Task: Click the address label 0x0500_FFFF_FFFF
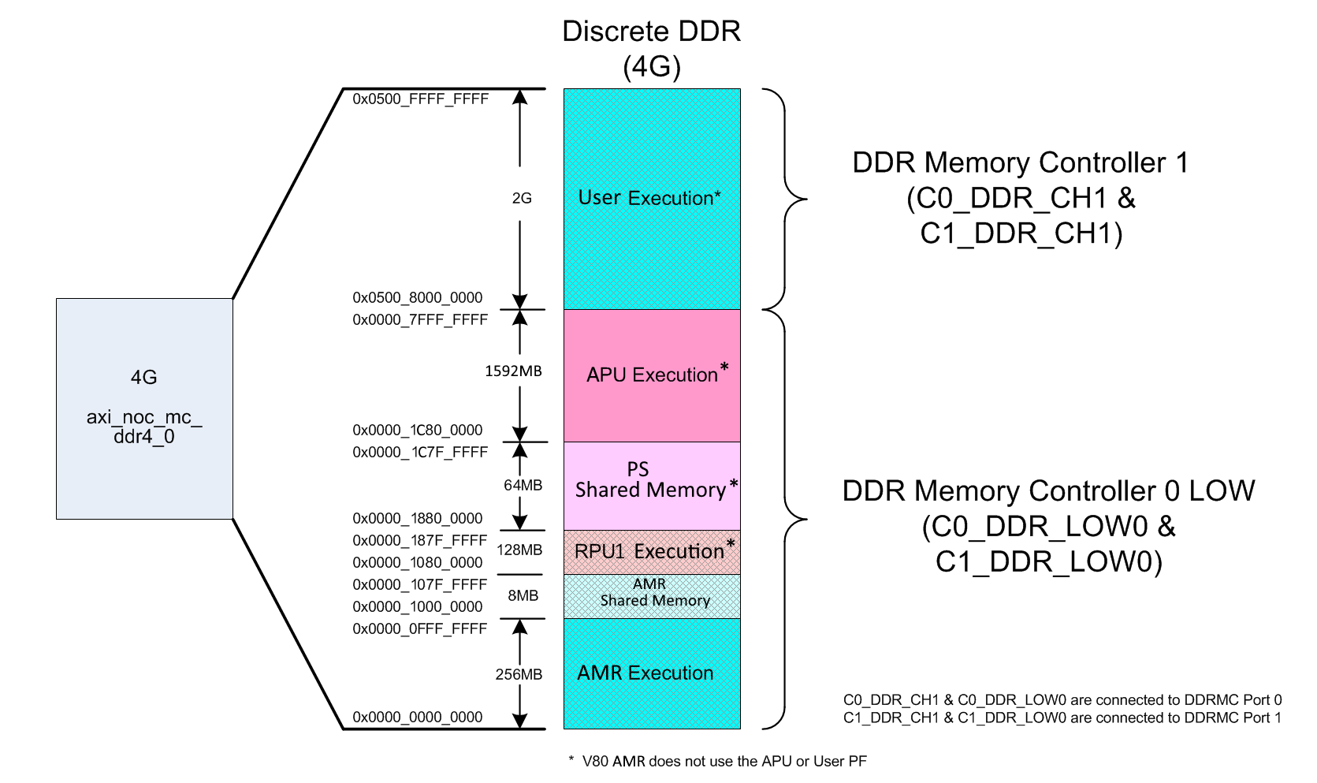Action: point(420,99)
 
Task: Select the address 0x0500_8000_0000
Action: point(418,298)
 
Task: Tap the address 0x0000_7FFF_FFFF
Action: point(420,319)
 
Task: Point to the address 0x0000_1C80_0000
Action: point(418,430)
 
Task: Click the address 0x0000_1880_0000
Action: point(418,518)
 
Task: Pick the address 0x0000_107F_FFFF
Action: point(420,584)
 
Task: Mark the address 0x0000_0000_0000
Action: point(418,717)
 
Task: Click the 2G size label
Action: point(522,198)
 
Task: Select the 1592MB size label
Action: point(513,371)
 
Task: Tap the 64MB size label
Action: point(523,485)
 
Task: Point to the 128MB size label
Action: point(519,550)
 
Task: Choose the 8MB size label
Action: point(523,596)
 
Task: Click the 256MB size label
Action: point(519,675)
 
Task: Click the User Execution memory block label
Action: point(649,198)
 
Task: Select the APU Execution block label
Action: point(657,373)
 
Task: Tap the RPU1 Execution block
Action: point(652,553)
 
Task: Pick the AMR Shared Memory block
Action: point(652,597)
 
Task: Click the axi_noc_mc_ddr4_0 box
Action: point(145,409)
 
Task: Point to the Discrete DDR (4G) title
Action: point(652,49)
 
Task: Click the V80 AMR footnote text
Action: point(718,761)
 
